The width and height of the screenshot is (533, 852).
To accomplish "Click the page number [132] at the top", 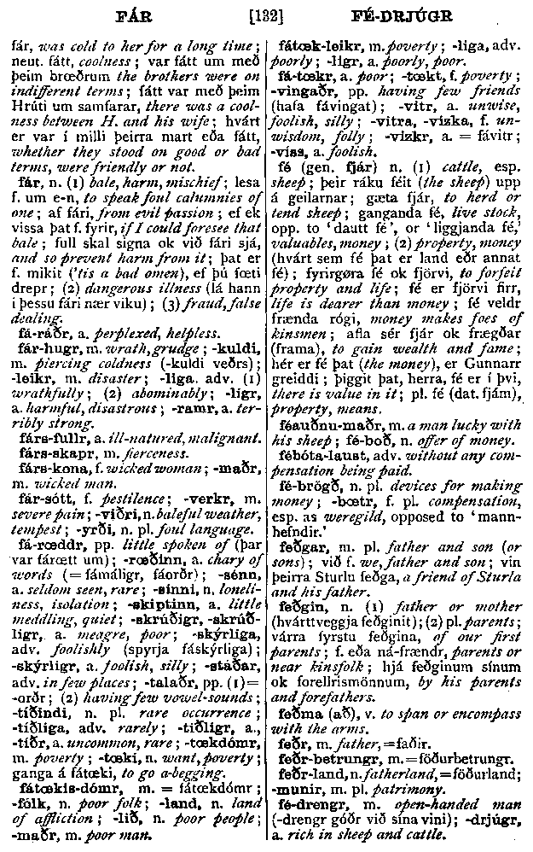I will (266, 15).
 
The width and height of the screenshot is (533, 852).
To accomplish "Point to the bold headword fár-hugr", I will (43, 348).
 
